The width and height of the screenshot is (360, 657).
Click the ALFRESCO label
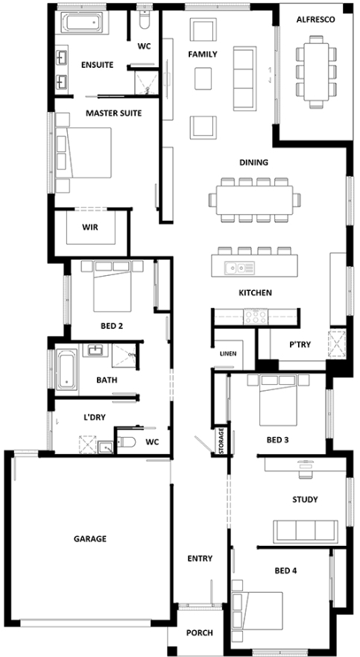tap(315, 19)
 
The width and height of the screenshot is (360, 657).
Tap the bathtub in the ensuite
tap(81, 22)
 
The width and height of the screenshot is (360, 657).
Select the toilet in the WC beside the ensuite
tap(144, 19)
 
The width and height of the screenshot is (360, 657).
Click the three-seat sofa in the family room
tap(244, 78)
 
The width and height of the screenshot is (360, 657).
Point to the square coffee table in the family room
tap(203, 78)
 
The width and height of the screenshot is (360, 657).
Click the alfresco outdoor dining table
tap(316, 72)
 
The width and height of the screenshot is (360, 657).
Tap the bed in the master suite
tap(83, 153)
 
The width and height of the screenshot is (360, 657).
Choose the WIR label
tap(90, 227)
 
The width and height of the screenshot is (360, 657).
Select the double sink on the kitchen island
tap(239, 267)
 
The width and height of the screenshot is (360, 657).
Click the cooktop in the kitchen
tap(256, 316)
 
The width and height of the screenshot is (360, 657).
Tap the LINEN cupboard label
tap(228, 353)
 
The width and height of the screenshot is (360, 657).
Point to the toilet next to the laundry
tap(125, 441)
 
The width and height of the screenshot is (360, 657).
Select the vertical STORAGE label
tap(221, 441)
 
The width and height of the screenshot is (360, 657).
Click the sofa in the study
tap(305, 531)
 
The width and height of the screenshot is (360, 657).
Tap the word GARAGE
tap(90, 539)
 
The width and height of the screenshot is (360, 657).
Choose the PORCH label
tap(199, 632)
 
